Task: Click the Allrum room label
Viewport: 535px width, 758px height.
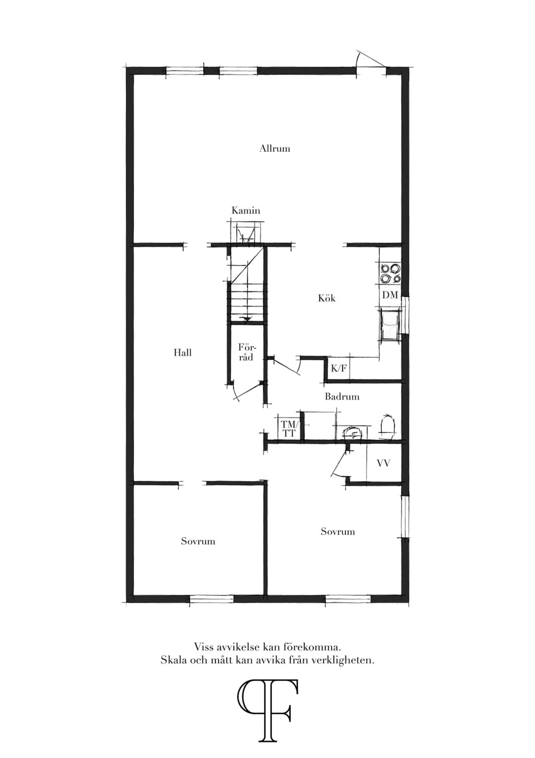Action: (275, 148)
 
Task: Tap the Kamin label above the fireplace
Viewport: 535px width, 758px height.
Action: (246, 211)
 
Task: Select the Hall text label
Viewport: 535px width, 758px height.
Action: (182, 353)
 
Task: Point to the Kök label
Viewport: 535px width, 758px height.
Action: (327, 298)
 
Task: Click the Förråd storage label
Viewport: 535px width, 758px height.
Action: (247, 352)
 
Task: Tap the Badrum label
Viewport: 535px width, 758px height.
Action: (342, 396)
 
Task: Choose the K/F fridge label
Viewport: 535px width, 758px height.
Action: (339, 368)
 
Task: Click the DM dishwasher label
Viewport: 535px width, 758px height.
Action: (390, 295)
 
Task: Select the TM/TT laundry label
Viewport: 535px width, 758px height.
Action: (288, 429)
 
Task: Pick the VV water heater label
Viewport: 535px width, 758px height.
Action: (384, 463)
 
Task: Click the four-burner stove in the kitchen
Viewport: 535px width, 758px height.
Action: (391, 273)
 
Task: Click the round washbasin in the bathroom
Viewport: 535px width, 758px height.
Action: (353, 433)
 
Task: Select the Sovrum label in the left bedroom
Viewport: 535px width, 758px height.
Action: (198, 541)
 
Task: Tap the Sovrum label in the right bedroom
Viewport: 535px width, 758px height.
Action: (338, 531)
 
